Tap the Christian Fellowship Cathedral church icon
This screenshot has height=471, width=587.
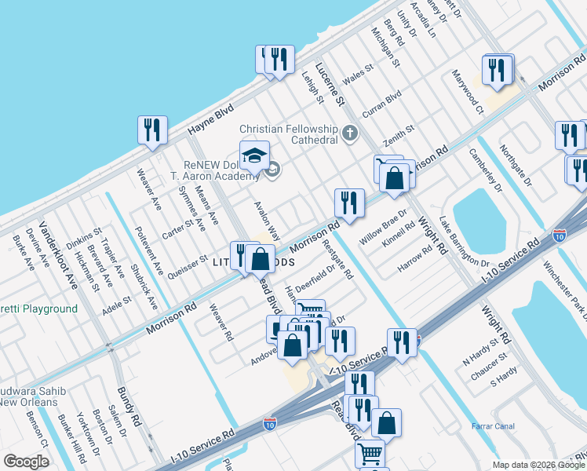(x=350, y=133)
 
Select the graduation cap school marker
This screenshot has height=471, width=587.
(x=254, y=156)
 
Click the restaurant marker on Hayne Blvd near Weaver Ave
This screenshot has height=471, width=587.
(x=151, y=130)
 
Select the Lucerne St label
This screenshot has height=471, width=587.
(x=330, y=85)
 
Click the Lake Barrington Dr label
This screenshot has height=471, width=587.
(x=464, y=241)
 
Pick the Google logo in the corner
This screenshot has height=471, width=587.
(x=26, y=461)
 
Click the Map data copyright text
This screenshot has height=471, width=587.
(x=538, y=464)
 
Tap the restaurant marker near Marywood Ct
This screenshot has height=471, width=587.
(x=498, y=69)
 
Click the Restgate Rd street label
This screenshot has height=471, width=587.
(x=338, y=260)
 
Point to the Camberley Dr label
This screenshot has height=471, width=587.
(x=484, y=170)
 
